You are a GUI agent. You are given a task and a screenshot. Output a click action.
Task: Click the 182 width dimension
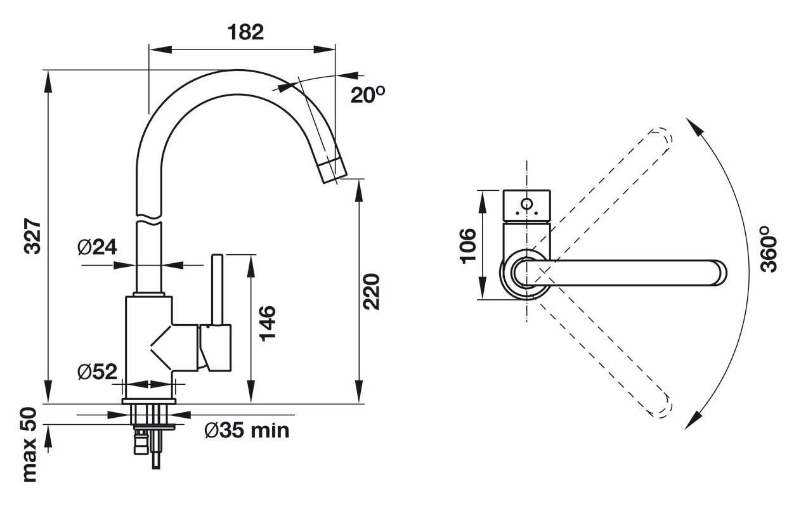coord(245,32)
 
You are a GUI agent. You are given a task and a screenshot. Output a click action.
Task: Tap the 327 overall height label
coord(32,236)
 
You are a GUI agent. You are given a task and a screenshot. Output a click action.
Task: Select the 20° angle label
coord(368,94)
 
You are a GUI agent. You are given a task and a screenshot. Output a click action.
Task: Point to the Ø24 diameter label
coord(97,247)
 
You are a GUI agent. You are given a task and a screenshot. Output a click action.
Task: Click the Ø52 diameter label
coord(98,372)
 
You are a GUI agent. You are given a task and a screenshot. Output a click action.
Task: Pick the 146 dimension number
coord(268,323)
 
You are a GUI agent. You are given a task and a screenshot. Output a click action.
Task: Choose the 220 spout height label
coord(371,292)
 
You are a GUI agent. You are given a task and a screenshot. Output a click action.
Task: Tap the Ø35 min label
coord(247,431)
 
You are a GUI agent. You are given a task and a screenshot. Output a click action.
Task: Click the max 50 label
coord(29,444)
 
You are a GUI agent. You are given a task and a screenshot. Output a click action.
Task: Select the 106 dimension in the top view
coord(468,245)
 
